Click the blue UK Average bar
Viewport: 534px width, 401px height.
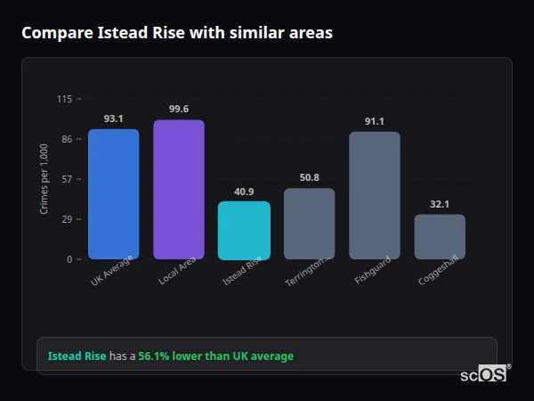(113, 194)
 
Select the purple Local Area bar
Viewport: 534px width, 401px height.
(179, 190)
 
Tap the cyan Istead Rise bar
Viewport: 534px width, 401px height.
(244, 231)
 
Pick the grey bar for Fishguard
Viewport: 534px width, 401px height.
(375, 196)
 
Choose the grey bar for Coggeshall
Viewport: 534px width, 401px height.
(440, 237)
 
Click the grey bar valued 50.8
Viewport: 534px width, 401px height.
(310, 224)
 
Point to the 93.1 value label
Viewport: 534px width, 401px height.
(113, 119)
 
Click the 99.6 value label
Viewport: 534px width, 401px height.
(179, 109)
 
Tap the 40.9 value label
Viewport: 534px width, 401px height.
(244, 191)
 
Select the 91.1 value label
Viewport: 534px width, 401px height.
(375, 121)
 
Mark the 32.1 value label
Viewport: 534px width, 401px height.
(440, 204)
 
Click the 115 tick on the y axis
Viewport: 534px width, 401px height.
(64, 99)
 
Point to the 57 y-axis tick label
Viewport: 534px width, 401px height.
(67, 179)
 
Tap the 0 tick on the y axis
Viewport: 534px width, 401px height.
(69, 259)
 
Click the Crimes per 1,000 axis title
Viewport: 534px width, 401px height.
(44, 179)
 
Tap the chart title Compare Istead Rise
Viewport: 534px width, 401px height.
(177, 33)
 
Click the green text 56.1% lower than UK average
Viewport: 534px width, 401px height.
(215, 356)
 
